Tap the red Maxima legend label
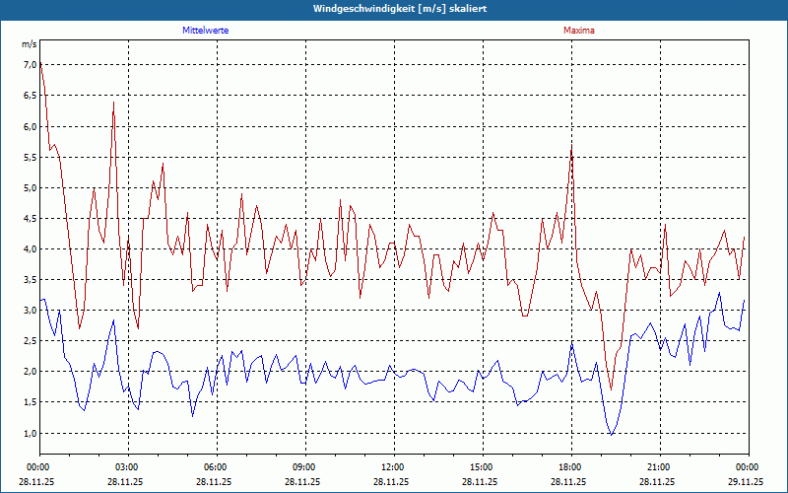point(578,31)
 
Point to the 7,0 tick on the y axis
point(29,65)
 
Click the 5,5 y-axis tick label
point(29,157)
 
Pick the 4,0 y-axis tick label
point(29,249)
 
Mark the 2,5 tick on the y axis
point(29,341)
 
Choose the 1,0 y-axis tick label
point(29,434)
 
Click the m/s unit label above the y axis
point(29,44)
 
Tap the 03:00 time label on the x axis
point(127,466)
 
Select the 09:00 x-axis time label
point(304,466)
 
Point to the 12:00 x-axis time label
point(392,466)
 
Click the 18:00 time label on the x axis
point(569,466)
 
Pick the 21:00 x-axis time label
point(658,466)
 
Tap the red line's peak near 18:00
point(571,145)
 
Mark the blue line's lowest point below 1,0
point(612,435)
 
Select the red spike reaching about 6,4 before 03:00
point(113,103)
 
